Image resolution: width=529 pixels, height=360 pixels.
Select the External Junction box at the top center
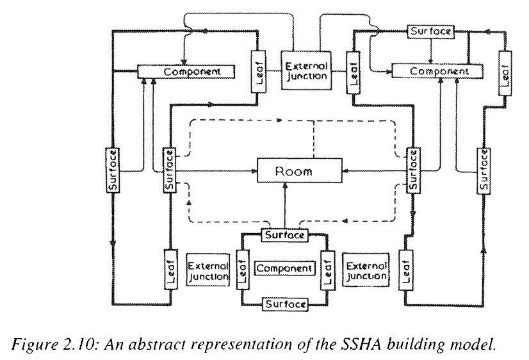click(x=305, y=70)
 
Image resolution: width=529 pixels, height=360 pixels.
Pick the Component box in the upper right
click(x=439, y=71)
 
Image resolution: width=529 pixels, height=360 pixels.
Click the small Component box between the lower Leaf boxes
click(x=285, y=268)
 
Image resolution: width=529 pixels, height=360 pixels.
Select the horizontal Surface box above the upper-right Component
click(x=431, y=31)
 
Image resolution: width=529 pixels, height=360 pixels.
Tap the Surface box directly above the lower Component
click(x=285, y=234)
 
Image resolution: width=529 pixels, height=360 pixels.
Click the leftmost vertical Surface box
click(x=113, y=170)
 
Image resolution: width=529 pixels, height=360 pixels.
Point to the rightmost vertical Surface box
click(x=484, y=170)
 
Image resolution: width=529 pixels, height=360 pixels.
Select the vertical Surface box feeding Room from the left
click(x=169, y=170)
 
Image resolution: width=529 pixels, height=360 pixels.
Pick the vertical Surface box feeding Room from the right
click(x=413, y=170)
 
